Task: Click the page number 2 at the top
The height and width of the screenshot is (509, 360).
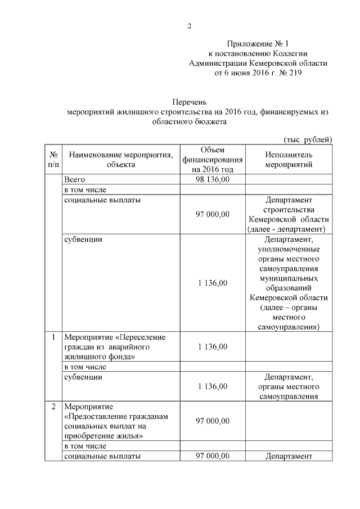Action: [190, 26]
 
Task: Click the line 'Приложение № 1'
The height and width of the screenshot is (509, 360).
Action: [258, 44]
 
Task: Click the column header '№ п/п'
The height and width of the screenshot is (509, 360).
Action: [52, 159]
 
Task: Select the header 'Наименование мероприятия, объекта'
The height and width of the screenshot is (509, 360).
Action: [118, 159]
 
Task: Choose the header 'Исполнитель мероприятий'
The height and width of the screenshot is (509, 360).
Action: [288, 159]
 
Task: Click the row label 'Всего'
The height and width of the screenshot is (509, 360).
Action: [74, 179]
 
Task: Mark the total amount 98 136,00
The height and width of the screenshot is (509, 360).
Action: [212, 179]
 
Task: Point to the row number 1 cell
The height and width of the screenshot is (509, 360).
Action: [52, 337]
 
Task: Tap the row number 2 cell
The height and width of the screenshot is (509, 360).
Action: [52, 406]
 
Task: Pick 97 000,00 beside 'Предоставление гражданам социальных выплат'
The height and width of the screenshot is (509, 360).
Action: [212, 421]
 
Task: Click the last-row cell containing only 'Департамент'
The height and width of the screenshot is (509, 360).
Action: [288, 456]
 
